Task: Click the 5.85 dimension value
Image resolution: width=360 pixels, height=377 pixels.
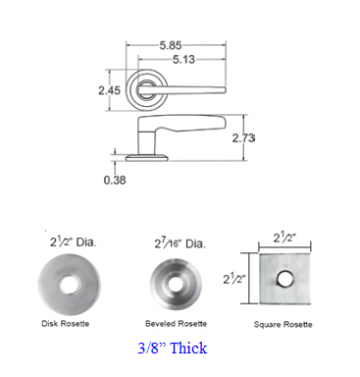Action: pyautogui.click(x=171, y=45)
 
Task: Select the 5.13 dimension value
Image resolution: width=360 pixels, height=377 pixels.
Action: pyautogui.click(x=183, y=60)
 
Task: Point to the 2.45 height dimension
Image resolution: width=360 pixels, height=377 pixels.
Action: pyautogui.click(x=110, y=90)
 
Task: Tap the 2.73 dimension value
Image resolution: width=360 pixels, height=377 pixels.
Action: pyautogui.click(x=243, y=138)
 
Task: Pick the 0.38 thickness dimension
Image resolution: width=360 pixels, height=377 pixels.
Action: pyautogui.click(x=115, y=180)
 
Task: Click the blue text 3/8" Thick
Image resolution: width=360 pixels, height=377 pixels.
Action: pyautogui.click(x=173, y=348)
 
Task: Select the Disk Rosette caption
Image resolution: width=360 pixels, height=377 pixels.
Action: pyautogui.click(x=66, y=324)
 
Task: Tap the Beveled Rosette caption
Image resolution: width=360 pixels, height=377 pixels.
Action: pyautogui.click(x=176, y=324)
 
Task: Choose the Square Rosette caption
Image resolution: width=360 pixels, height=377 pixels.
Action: pyautogui.click(x=283, y=325)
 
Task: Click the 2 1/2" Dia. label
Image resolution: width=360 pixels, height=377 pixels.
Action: pyautogui.click(x=73, y=242)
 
